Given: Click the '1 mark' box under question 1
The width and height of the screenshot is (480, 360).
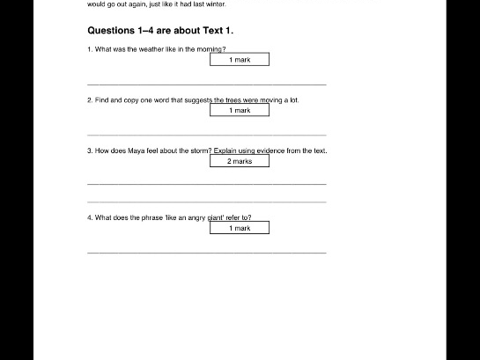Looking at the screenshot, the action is pyautogui.click(x=240, y=60).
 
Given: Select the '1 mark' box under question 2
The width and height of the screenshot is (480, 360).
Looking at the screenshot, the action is pyautogui.click(x=240, y=111).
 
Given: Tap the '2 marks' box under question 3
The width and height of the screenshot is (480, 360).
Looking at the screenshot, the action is pyautogui.click(x=240, y=162).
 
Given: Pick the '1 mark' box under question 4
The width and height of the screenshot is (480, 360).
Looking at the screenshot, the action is pyautogui.click(x=240, y=228).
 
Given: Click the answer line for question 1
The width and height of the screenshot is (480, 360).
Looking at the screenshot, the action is pyautogui.click(x=207, y=84).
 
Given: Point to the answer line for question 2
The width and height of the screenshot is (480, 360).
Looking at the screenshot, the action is pyautogui.click(x=207, y=135).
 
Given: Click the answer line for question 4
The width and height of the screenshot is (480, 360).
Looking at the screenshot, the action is pyautogui.click(x=207, y=253).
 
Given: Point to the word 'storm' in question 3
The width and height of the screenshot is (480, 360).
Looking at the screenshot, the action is pyautogui.click(x=199, y=151).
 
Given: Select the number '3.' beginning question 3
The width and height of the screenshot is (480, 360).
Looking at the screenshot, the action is pyautogui.click(x=90, y=151).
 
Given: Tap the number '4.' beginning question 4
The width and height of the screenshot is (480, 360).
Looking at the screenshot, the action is pyautogui.click(x=90, y=217).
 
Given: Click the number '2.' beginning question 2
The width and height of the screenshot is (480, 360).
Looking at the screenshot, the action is pyautogui.click(x=90, y=101).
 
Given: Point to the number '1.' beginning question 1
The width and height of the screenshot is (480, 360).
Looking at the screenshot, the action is pyautogui.click(x=90, y=50).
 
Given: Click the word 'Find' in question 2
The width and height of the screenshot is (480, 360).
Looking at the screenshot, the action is pyautogui.click(x=102, y=101).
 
